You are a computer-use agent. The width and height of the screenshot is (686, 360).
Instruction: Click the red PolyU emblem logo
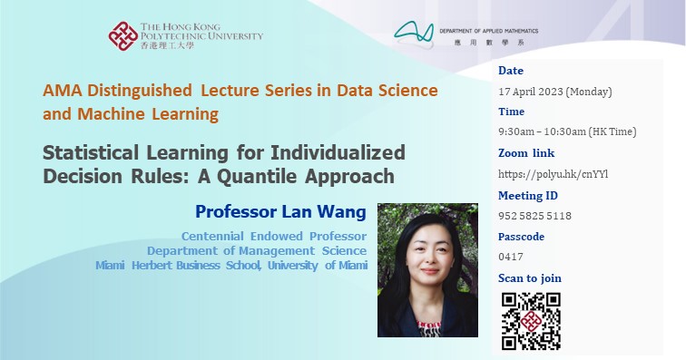[123, 37]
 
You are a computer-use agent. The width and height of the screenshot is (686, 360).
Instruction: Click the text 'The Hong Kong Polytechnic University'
[201, 32]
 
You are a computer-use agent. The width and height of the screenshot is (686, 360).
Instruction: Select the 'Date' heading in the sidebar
[511, 71]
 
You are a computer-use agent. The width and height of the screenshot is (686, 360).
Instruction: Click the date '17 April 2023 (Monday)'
[554, 92]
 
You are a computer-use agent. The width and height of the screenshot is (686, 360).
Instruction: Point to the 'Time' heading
[512, 112]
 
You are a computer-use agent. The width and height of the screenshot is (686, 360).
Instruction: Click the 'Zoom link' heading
[525, 153]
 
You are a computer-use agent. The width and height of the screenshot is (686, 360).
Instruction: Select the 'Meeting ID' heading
[528, 195]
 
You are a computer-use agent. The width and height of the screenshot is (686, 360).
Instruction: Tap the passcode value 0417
[511, 257]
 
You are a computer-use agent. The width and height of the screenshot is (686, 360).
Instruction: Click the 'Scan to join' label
[529, 277]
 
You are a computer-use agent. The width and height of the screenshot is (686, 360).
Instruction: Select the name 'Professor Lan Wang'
[280, 212]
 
